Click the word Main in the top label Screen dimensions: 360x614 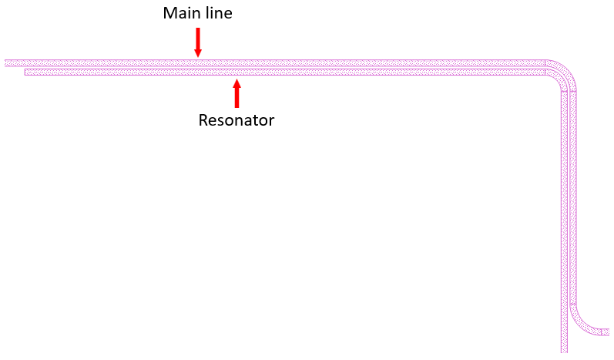pyautogui.click(x=179, y=14)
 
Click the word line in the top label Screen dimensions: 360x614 pyautogui.click(x=217, y=14)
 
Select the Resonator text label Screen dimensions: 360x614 pyautogui.click(x=236, y=120)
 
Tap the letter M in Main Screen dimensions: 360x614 pyautogui.click(x=169, y=14)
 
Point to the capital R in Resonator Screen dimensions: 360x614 pyautogui.click(x=203, y=120)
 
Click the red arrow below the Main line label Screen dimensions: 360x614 pyautogui.click(x=198, y=42)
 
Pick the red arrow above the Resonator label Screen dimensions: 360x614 pyautogui.click(x=237, y=93)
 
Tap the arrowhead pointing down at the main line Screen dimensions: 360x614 pyautogui.click(x=198, y=52)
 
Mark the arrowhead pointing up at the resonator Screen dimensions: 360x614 pyautogui.click(x=237, y=81)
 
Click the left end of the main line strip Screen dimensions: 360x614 pyautogui.click(x=7, y=62)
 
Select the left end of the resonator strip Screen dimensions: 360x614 pyautogui.click(x=27, y=72)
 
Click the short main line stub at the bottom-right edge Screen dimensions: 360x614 pyautogui.click(x=606, y=332)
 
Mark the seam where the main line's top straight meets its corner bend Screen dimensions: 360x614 pyautogui.click(x=545, y=62)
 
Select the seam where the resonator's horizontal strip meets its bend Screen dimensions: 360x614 pyautogui.click(x=545, y=72)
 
